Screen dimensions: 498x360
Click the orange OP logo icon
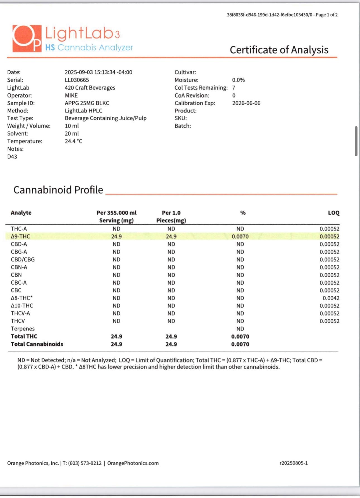tap(27, 39)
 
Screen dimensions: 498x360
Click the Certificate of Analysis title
tap(279, 50)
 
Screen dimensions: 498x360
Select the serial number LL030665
tap(77, 80)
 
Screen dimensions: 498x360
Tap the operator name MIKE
tap(71, 95)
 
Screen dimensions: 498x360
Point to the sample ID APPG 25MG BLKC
tap(87, 103)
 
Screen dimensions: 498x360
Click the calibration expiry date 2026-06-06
tap(246, 103)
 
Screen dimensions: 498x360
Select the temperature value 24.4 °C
tap(73, 141)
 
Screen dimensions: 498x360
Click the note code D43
tap(12, 157)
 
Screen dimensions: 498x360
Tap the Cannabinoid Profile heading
tap(58, 190)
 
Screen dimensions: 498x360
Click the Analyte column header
tap(21, 213)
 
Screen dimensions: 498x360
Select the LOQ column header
tap(333, 213)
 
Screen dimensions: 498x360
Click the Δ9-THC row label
tap(20, 236)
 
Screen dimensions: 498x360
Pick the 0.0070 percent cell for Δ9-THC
tap(240, 236)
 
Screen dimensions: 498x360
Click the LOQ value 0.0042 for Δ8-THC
tap(331, 298)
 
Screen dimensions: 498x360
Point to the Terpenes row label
tap(23, 329)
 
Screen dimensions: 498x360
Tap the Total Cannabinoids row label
tap(37, 344)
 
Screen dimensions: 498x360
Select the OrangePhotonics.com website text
tap(133, 463)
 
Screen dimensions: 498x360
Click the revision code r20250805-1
tap(294, 463)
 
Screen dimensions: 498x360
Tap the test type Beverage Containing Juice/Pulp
tap(105, 118)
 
